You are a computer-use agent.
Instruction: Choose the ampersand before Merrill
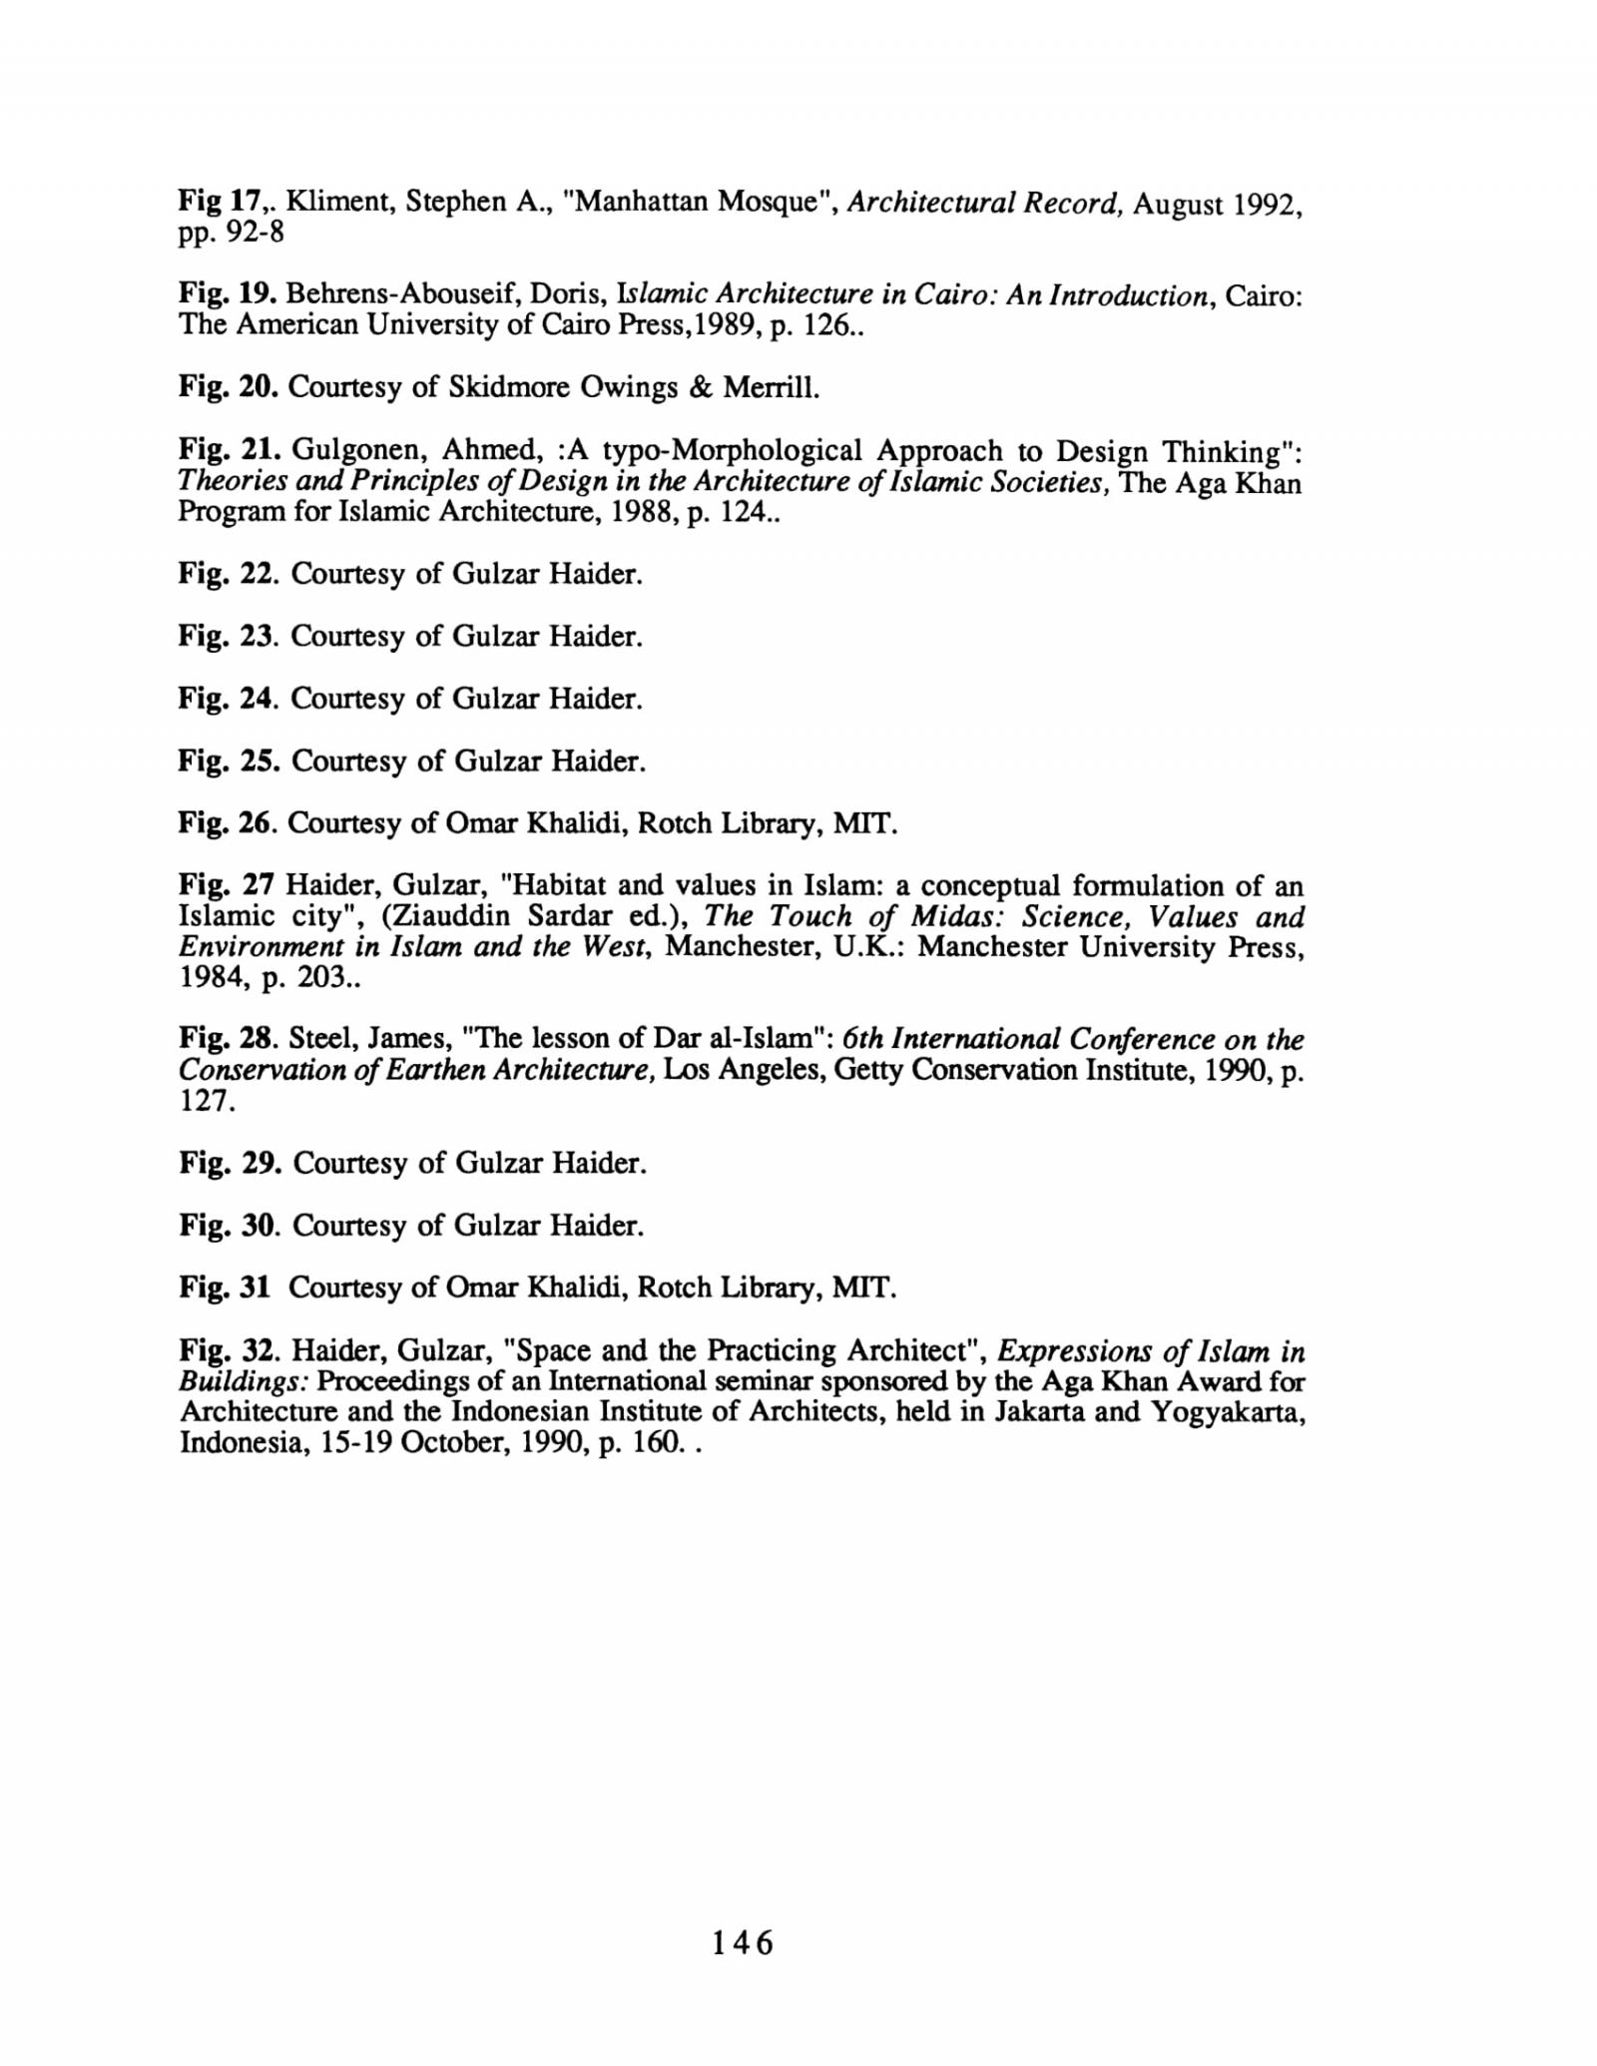tap(698, 387)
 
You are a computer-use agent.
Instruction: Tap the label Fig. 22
tap(227, 574)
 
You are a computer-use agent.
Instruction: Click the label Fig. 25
tap(228, 762)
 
